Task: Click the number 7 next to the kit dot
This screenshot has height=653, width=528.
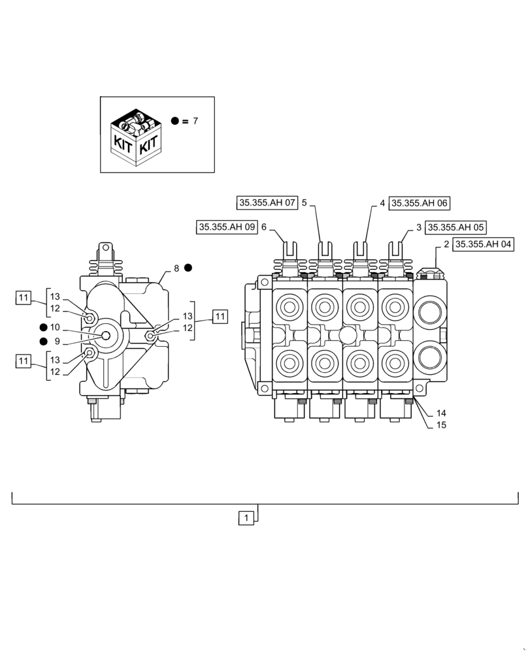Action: point(195,121)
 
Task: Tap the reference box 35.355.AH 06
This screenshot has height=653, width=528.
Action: point(420,203)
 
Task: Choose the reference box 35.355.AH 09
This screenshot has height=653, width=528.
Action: point(226,227)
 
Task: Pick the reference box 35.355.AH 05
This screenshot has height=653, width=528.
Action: point(455,227)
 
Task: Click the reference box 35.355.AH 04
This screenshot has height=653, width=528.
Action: point(484,244)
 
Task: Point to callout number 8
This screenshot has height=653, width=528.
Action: point(176,268)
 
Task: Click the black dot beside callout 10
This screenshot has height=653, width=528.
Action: point(43,327)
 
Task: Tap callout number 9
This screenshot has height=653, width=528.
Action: point(57,341)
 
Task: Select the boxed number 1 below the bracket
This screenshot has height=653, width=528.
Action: point(246,518)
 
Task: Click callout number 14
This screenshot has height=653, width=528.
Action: point(441,413)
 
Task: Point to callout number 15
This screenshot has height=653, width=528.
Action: point(441,425)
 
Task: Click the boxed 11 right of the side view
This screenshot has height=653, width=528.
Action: point(220,317)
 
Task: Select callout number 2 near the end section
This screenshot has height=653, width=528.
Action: point(446,244)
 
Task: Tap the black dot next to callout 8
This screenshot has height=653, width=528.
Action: point(188,268)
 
